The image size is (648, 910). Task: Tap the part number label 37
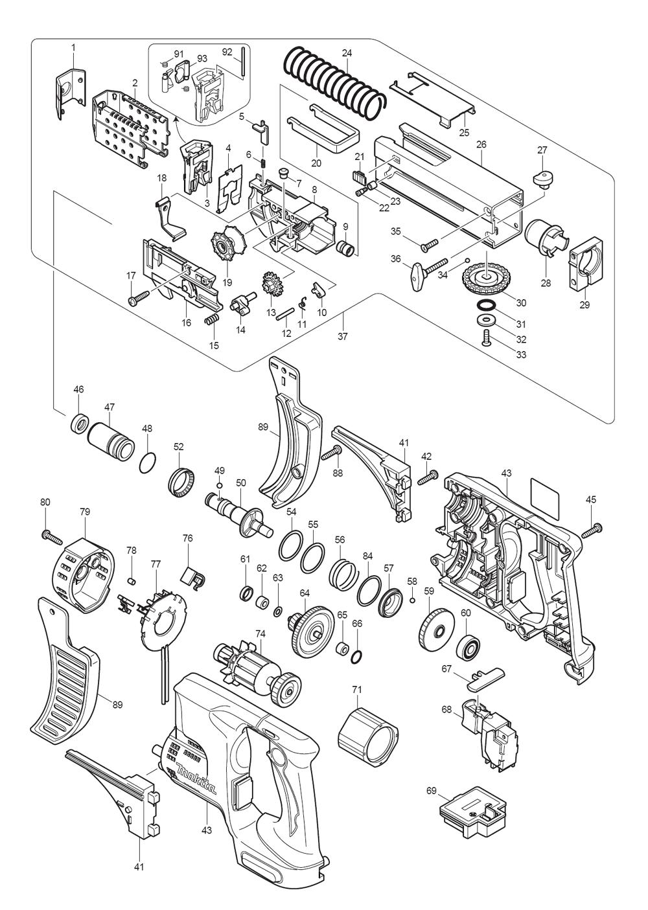(x=343, y=336)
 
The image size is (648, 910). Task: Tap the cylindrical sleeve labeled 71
(x=368, y=738)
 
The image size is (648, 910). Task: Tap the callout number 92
(x=227, y=52)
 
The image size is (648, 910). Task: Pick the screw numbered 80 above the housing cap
(x=52, y=536)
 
